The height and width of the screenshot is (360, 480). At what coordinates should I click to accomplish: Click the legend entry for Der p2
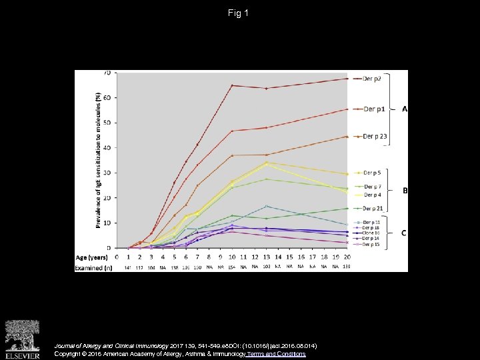[373, 78]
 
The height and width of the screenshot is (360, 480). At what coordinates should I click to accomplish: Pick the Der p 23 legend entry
[374, 137]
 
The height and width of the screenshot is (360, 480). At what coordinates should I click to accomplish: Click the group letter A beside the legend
[404, 109]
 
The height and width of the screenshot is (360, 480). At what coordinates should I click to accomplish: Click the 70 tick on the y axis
[107, 73]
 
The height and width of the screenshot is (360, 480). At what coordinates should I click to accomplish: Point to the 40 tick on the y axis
[107, 147]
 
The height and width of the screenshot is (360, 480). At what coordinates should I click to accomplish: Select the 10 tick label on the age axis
[231, 257]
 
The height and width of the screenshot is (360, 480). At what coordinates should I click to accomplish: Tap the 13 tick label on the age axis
[266, 257]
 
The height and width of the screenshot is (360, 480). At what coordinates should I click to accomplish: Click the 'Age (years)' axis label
[92, 257]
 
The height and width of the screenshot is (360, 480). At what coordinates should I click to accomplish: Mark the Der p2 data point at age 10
[231, 85]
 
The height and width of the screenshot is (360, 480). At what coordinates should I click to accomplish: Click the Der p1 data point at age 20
[347, 109]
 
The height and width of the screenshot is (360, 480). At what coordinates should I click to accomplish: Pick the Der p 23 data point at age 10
[231, 155]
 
